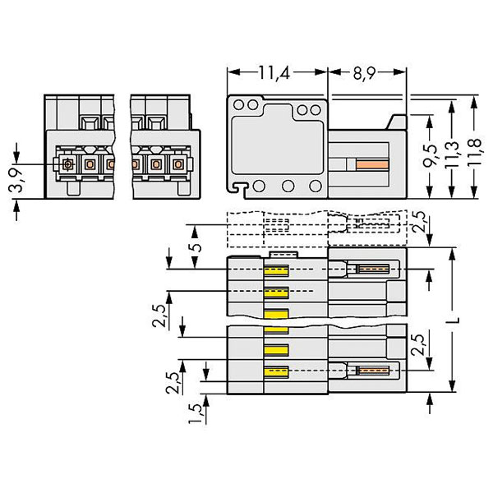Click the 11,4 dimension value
coord(274,73)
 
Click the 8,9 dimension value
coord(364,74)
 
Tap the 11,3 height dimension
coord(452,155)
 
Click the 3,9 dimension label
coord(16,180)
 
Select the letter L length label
coord(454,320)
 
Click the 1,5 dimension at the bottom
coord(196,413)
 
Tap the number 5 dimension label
coord(197,247)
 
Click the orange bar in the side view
coord(372,164)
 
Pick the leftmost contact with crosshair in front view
coord(67,164)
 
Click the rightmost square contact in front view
coord(178,164)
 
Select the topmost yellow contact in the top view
coord(276,270)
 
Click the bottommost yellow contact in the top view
coord(276,372)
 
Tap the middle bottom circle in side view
coord(288,186)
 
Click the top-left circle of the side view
coord(238,104)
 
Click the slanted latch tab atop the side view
coord(397,122)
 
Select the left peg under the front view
coord(74,189)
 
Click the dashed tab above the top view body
coord(284,255)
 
